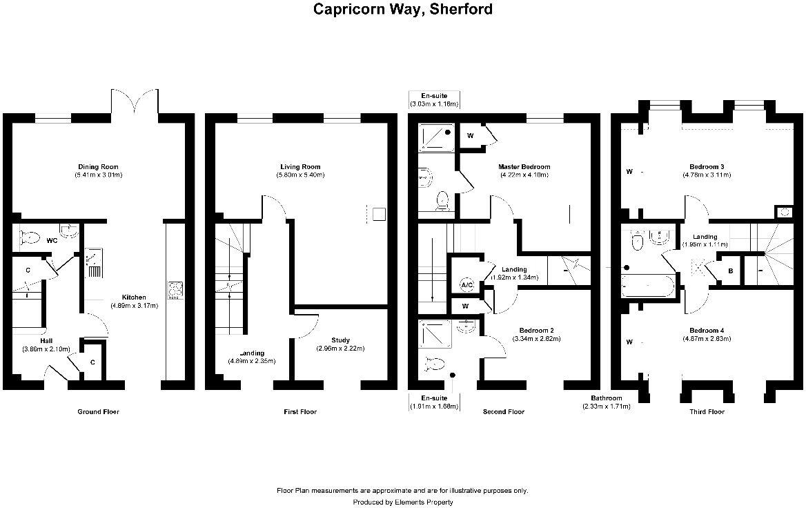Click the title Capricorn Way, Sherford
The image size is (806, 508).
tap(402, 9)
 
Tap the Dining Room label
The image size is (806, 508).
tap(98, 166)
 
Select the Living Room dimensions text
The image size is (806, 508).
tap(300, 175)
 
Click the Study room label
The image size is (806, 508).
tap(340, 340)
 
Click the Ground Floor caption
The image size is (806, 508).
tap(98, 412)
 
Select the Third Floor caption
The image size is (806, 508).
tap(707, 412)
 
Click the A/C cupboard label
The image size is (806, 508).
tap(466, 284)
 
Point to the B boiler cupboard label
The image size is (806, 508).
tap(730, 271)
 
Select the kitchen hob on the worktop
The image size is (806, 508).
tap(176, 291)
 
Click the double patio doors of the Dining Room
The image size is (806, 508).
tap(137, 104)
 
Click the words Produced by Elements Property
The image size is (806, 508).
tap(402, 502)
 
